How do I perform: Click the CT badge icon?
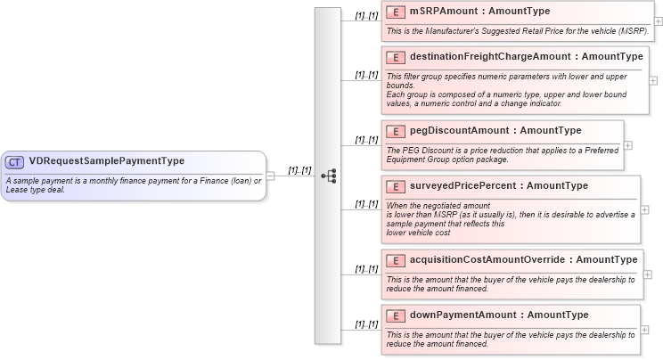(15, 161)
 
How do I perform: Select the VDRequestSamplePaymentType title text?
(106, 161)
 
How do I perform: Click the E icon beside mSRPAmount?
(396, 12)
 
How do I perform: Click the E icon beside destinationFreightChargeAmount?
(396, 57)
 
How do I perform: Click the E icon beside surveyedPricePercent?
(396, 186)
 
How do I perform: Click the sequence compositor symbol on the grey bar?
(328, 176)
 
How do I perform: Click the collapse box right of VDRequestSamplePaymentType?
(271, 176)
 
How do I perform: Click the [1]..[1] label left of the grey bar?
(299, 169)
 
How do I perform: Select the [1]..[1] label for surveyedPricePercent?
(365, 204)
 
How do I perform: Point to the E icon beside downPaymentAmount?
(396, 315)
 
